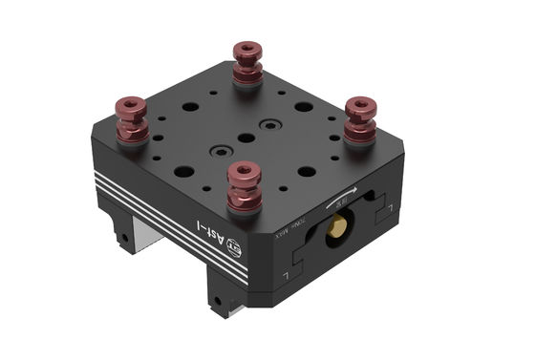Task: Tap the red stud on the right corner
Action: click(360, 119)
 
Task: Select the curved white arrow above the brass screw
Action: click(340, 197)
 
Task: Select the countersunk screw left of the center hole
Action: click(222, 151)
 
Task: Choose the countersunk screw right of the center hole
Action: click(271, 124)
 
